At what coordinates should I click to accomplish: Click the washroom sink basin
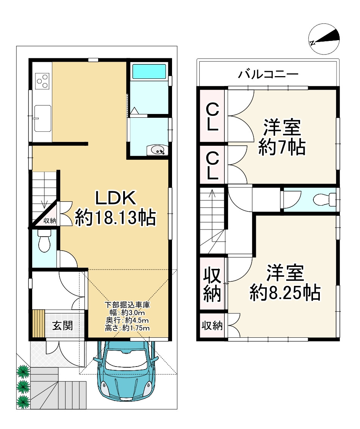coord(158,150)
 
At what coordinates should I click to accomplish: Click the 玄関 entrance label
coord(63,325)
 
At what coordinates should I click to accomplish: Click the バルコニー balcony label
coord(268,74)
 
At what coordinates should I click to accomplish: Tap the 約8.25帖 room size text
coord(285,292)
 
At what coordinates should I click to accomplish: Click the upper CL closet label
coord(212,117)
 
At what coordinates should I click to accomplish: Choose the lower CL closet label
coord(212,166)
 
